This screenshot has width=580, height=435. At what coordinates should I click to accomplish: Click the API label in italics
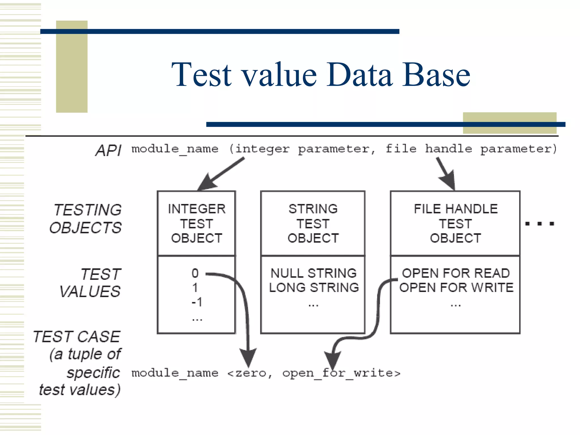[108, 150]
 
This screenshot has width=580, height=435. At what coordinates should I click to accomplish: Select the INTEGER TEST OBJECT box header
[197, 223]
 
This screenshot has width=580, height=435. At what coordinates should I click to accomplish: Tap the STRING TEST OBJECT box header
[313, 223]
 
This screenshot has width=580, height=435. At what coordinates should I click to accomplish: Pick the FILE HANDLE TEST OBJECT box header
[455, 223]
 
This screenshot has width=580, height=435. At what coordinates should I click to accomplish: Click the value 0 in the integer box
[195, 273]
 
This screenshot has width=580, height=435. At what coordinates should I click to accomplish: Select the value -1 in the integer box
[197, 302]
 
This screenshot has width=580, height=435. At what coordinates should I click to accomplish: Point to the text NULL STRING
[314, 273]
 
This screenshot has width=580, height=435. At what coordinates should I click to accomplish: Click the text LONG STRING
[314, 287]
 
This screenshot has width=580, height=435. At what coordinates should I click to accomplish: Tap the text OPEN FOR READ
[456, 273]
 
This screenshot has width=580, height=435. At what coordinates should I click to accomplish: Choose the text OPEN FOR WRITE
[456, 287]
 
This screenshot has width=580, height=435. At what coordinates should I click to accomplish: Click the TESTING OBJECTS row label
[86, 219]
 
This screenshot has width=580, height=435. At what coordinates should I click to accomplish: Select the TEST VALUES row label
[91, 283]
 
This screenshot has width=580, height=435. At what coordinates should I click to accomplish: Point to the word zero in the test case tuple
[251, 373]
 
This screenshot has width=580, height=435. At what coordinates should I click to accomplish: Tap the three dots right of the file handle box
[540, 224]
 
